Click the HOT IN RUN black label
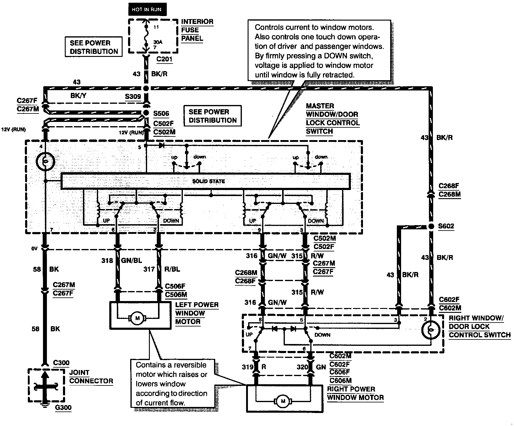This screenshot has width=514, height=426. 147,9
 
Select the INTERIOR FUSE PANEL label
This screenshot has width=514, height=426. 197,30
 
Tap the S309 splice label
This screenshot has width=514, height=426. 133,97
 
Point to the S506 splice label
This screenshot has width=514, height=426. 161,114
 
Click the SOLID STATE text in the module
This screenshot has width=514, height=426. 209,181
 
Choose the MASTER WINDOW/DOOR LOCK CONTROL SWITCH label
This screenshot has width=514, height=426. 332,119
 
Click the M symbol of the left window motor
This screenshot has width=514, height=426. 137,318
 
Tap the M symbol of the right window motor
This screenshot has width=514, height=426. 283,401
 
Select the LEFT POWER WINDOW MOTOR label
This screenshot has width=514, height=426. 196,313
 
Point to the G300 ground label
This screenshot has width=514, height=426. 63,407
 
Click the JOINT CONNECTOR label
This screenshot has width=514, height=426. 91,377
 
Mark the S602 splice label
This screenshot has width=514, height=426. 446,226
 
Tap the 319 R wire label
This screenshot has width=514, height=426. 254,367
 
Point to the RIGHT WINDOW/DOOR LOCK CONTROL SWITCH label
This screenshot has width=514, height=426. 479,326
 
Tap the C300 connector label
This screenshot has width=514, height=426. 61,362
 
